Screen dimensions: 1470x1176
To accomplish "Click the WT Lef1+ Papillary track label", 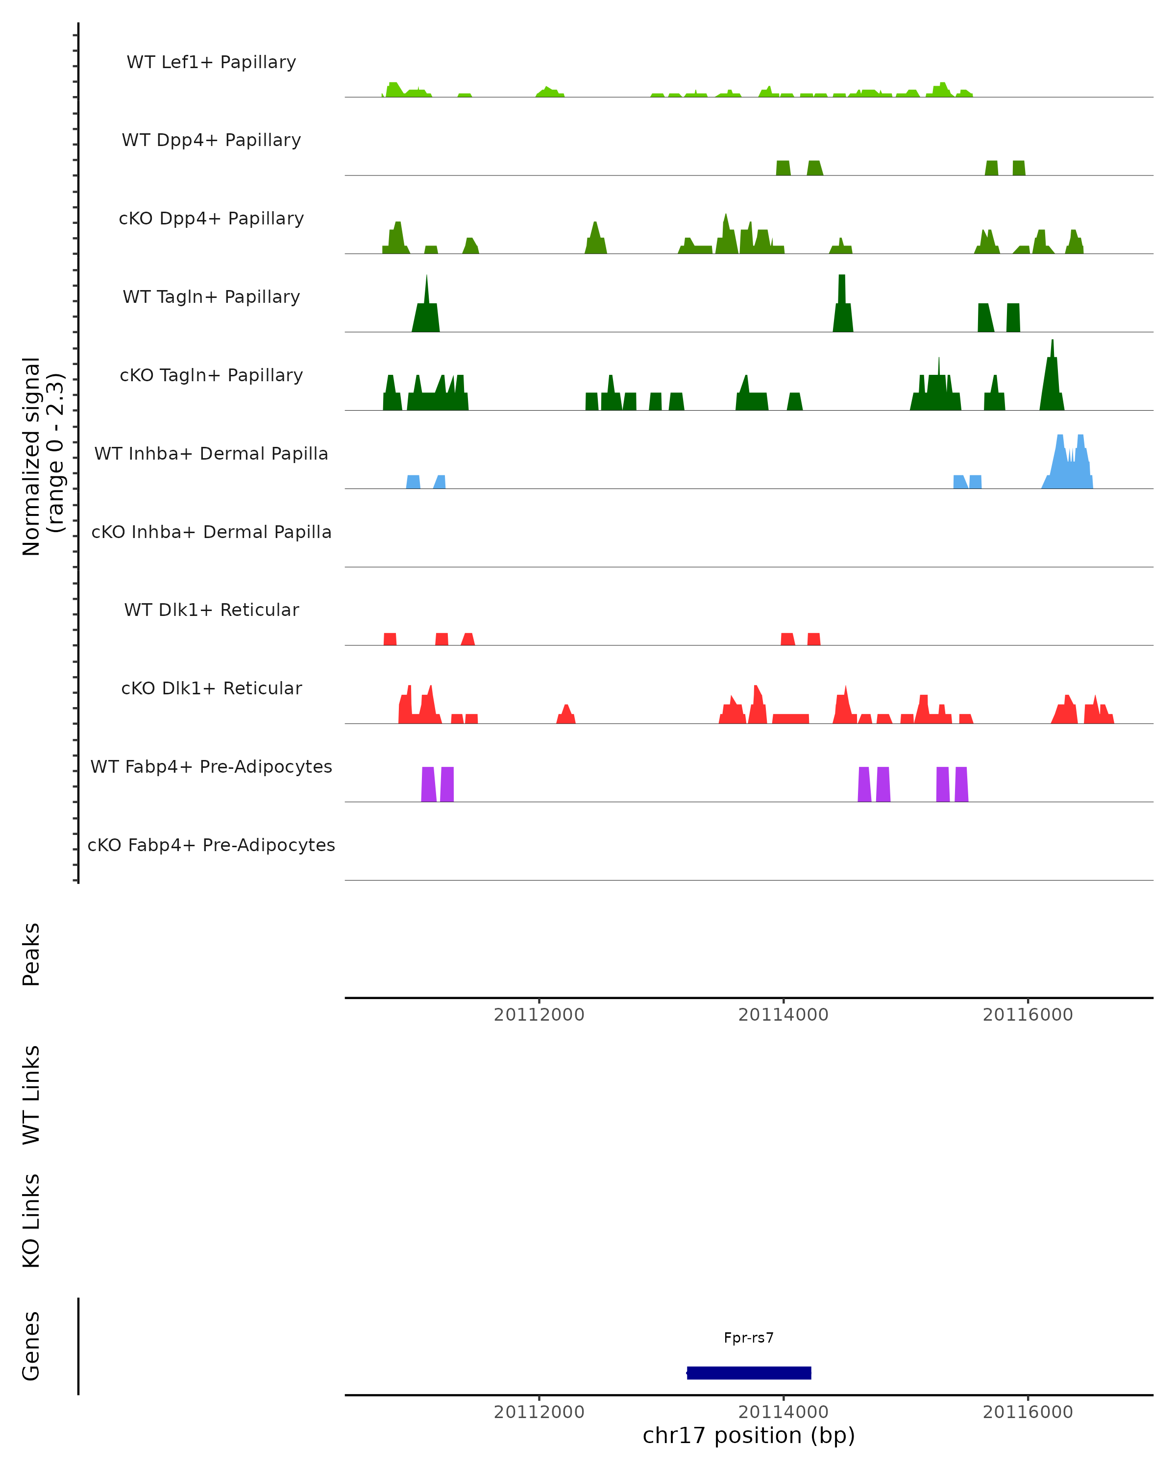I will [211, 62].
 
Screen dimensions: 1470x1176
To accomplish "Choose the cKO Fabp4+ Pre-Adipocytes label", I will [211, 845].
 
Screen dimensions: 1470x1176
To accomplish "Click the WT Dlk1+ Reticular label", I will [211, 610].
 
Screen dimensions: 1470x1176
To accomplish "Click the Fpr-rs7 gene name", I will [749, 1338].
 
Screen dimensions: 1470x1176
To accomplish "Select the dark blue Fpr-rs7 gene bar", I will [749, 1372].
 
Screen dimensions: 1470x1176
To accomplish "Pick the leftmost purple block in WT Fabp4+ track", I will [428, 784].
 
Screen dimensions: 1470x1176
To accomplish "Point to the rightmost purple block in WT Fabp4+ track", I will [961, 784].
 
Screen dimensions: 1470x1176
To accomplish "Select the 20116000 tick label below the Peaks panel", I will [1028, 1015].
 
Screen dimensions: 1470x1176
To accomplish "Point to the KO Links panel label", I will [31, 1221].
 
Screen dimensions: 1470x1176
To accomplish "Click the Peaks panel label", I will [31, 954].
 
